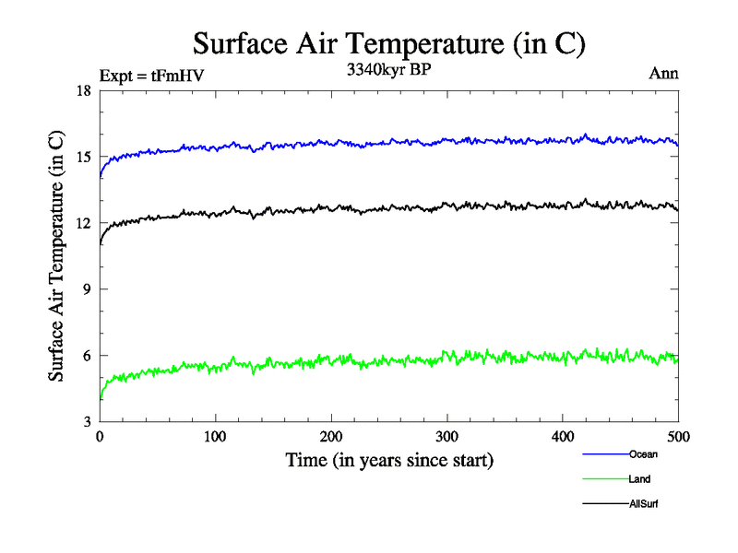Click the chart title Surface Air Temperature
(x=388, y=43)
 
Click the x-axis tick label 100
(x=215, y=436)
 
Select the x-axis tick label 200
(x=331, y=436)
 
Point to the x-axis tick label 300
(x=446, y=436)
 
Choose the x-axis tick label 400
(x=563, y=436)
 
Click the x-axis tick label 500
(x=678, y=436)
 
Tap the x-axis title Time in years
(x=388, y=460)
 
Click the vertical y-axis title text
(x=57, y=255)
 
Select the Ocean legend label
(x=643, y=454)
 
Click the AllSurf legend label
(x=644, y=504)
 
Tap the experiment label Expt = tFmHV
(x=150, y=76)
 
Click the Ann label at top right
(x=664, y=75)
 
